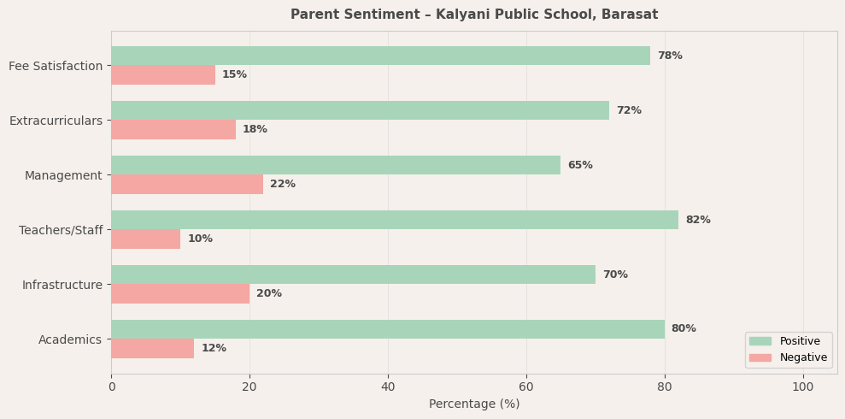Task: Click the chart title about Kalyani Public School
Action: coord(474,15)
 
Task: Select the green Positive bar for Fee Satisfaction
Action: coord(380,56)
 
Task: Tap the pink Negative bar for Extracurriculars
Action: coord(173,129)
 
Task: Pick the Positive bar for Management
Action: coord(336,165)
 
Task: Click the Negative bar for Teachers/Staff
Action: coord(145,239)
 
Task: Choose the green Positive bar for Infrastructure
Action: coord(353,274)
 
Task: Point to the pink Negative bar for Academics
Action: coord(152,348)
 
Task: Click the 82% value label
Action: coord(697,220)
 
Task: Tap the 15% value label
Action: coord(234,74)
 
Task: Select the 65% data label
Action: coord(579,165)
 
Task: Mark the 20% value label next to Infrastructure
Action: coord(268,293)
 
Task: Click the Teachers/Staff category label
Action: coord(61,230)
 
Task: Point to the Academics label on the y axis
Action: coord(70,339)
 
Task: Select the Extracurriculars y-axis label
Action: coord(56,121)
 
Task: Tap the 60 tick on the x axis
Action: coord(526,387)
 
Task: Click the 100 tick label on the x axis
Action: coord(802,387)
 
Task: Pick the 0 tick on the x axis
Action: coord(111,387)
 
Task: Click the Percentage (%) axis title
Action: coord(474,404)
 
